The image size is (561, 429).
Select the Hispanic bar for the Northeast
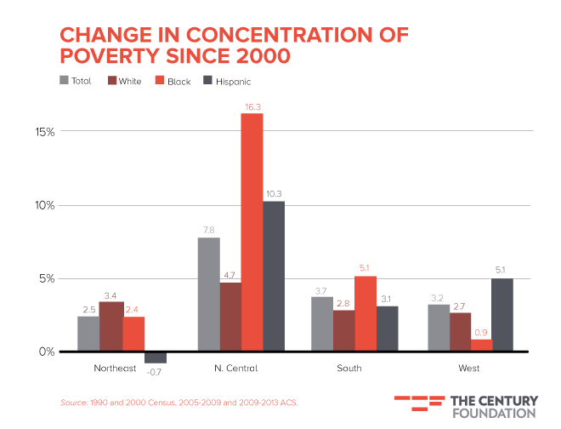[x=156, y=357]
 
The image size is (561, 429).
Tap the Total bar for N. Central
[x=208, y=294]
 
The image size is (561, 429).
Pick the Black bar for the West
[x=481, y=345]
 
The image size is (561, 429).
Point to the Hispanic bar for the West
[x=502, y=314]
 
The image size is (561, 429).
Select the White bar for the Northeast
[x=110, y=326]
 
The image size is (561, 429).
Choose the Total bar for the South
[x=321, y=323]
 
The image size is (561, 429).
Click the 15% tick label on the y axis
[x=45, y=132]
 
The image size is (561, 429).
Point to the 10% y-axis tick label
[x=45, y=205]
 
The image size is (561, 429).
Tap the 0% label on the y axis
[x=48, y=352]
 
